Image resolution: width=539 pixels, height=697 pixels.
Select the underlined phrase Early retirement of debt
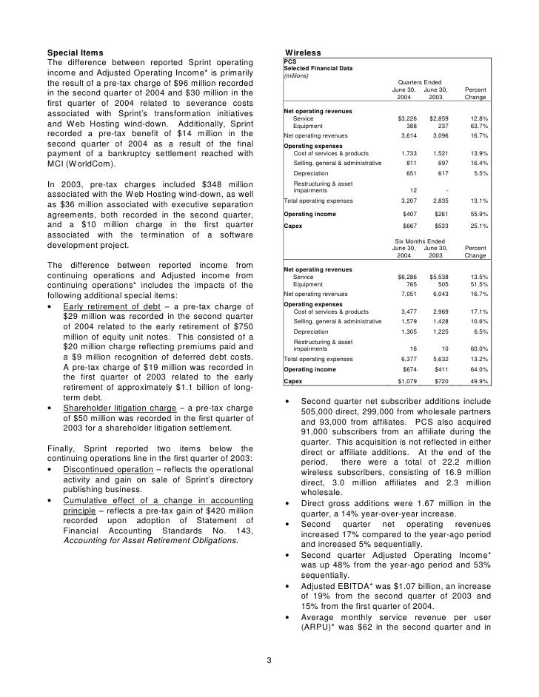click(107, 306)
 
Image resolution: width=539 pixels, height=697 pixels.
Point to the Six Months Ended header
click(419, 240)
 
